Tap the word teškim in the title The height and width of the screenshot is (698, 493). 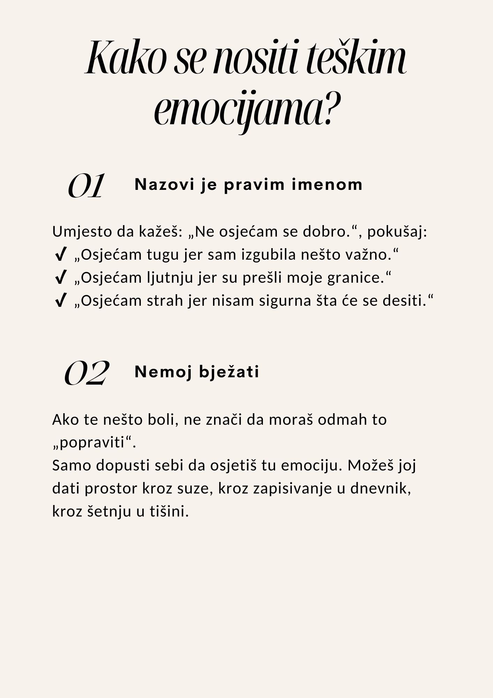click(x=356, y=58)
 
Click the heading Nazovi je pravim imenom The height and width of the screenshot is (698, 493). click(x=248, y=184)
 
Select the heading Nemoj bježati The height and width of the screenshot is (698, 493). click(x=197, y=372)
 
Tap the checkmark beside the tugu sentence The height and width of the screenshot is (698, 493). click(x=61, y=255)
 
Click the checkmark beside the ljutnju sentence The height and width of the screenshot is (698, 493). click(x=61, y=278)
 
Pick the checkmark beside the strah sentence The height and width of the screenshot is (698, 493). click(x=61, y=301)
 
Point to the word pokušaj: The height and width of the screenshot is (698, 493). click(x=397, y=232)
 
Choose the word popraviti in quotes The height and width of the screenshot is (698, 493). click(x=92, y=443)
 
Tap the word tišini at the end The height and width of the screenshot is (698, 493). click(x=169, y=512)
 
